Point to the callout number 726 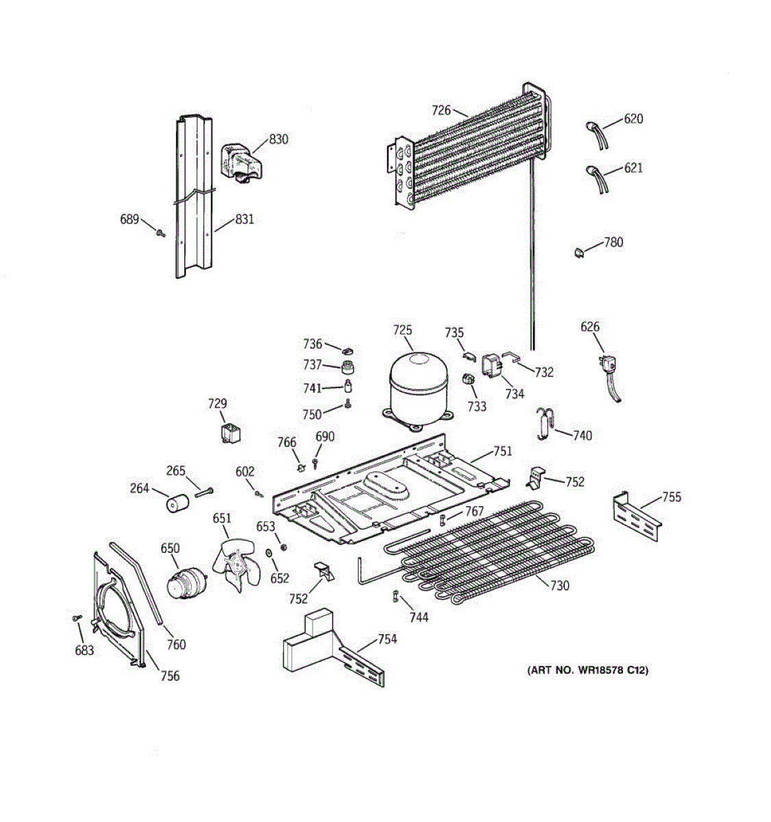(441, 110)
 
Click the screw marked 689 (160, 233)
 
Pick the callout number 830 (278, 139)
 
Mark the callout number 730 (559, 585)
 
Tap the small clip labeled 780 (578, 252)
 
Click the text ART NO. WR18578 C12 (587, 670)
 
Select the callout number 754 (387, 639)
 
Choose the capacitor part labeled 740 (546, 423)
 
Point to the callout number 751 (502, 451)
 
